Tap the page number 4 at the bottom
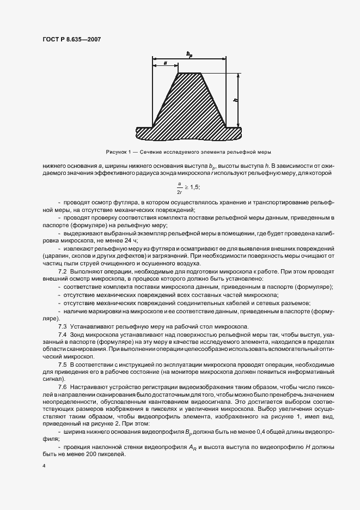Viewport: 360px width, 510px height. tap(43, 466)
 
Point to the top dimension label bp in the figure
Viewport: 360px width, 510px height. tap(188, 53)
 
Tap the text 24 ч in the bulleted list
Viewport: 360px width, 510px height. tap(143, 240)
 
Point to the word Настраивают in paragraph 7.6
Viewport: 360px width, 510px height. tap(89, 386)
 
